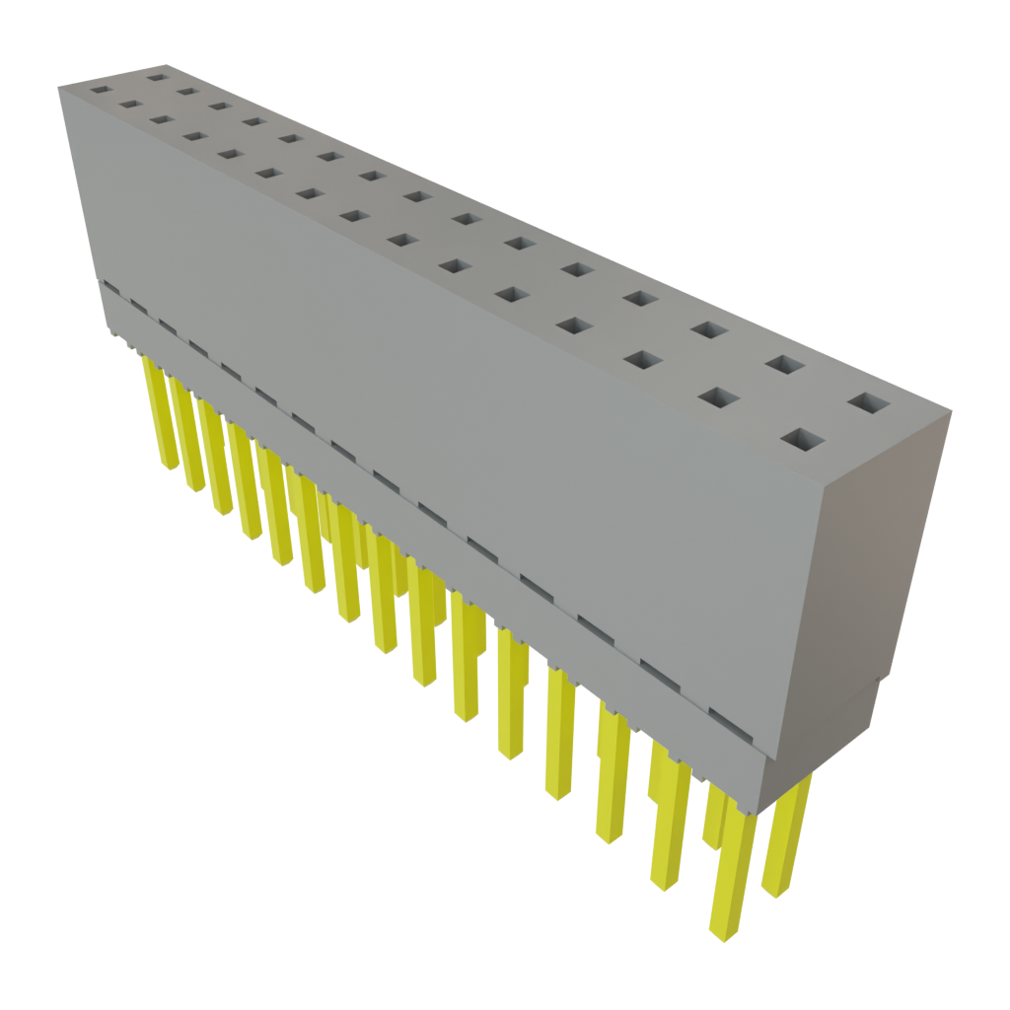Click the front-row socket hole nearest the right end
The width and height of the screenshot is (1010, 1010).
click(x=803, y=440)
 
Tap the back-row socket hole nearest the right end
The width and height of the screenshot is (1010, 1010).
click(x=867, y=403)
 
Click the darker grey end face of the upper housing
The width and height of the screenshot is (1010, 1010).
click(x=878, y=552)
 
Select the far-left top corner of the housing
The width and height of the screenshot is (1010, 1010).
click(x=59, y=87)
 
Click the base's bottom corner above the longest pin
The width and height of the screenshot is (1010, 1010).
click(x=757, y=811)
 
